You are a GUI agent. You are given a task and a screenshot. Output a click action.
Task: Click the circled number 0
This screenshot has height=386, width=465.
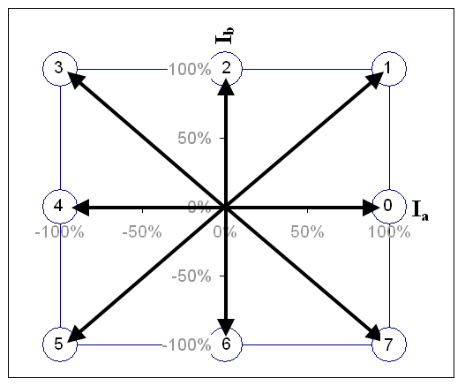coord(389,206)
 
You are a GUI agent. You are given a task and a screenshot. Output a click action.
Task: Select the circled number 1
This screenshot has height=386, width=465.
coord(389,69)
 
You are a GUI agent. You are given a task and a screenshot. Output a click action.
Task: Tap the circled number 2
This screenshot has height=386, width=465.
coord(226,69)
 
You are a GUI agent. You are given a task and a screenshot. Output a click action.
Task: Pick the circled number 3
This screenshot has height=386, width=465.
coord(60,69)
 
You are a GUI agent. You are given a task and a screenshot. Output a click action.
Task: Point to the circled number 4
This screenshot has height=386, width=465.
coord(60,206)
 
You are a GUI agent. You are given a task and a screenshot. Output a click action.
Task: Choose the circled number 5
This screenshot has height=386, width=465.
coord(60,344)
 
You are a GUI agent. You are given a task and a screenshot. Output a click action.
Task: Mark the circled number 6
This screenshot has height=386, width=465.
coord(226,344)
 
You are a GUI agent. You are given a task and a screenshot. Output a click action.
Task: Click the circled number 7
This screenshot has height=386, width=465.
coord(389,344)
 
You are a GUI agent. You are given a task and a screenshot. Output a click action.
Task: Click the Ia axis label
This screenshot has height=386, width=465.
coord(421,210)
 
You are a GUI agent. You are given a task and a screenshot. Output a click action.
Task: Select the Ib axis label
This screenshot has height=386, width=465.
coord(225,35)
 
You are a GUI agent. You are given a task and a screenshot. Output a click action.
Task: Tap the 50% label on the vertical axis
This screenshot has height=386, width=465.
coord(194,138)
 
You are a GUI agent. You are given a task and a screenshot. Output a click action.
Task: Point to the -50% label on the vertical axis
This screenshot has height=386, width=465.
coord(191,276)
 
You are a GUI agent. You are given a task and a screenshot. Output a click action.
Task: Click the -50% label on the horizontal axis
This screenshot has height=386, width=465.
coord(142,231)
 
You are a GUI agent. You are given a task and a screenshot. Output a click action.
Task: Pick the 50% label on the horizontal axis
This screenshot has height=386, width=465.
coord(307,231)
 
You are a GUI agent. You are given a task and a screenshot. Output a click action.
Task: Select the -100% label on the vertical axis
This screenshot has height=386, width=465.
coord(186,344)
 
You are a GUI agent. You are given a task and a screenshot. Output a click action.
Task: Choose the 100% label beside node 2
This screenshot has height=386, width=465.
coord(190,70)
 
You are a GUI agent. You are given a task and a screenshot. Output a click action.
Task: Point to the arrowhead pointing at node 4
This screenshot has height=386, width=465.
coord(81,208)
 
